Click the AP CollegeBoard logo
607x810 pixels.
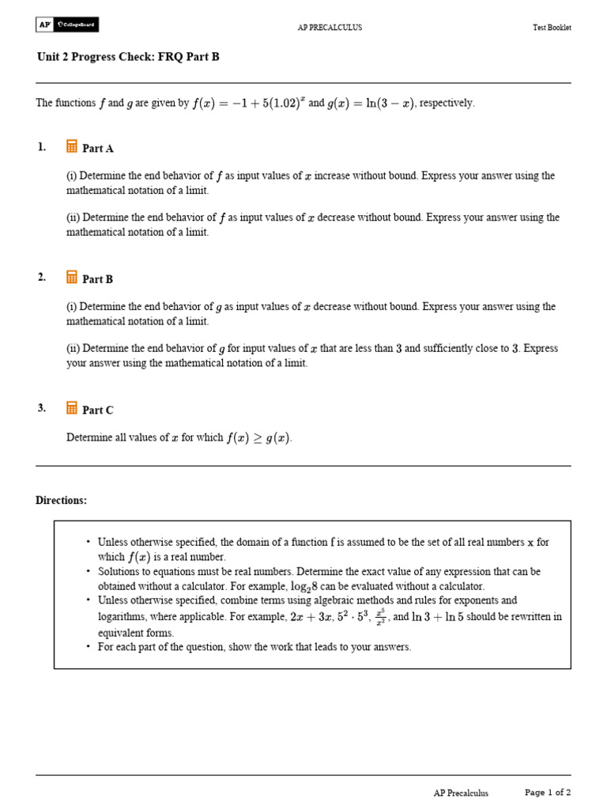(x=67, y=25)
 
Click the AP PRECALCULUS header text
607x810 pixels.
(x=330, y=28)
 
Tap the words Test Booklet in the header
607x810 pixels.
(x=552, y=28)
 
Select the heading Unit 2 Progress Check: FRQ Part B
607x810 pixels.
(x=117, y=57)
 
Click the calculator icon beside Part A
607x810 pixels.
(x=72, y=146)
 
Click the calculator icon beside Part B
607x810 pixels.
(x=72, y=278)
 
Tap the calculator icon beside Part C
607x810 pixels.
(x=72, y=408)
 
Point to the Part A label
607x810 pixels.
(x=98, y=148)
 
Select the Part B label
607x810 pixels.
(x=98, y=279)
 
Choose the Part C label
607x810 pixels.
(x=98, y=410)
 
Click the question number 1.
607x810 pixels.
(x=41, y=147)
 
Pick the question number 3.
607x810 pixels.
(x=41, y=408)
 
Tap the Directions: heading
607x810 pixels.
(x=62, y=501)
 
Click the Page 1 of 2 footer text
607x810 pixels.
(x=548, y=792)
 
